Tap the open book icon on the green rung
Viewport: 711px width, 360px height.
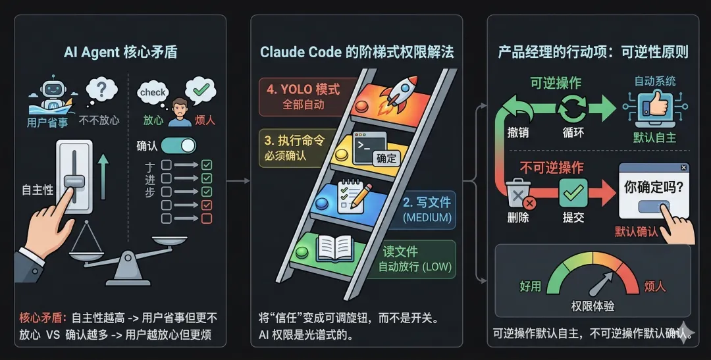(334, 249)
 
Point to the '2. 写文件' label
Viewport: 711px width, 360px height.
(427, 203)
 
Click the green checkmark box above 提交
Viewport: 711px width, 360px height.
(573, 193)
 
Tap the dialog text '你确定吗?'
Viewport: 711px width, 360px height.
(653, 186)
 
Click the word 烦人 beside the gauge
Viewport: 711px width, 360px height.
(654, 287)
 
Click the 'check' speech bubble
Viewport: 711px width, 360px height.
(153, 93)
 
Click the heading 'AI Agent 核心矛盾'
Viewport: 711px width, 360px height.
(120, 53)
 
